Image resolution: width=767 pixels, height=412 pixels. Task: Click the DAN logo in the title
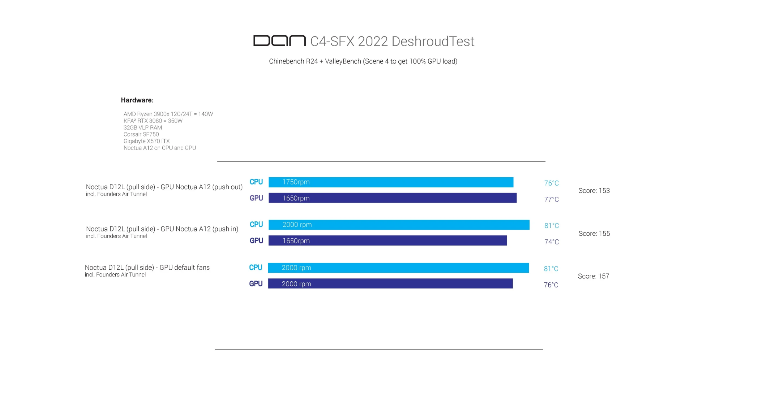click(x=279, y=41)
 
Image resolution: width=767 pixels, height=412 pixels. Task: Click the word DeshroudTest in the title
click(x=433, y=42)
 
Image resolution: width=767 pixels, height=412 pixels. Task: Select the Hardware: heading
click(x=137, y=100)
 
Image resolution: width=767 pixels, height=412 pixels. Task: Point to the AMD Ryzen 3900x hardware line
click(x=168, y=114)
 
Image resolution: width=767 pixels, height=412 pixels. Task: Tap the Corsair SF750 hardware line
click(x=141, y=134)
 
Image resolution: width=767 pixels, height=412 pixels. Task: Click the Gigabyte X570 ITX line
click(x=146, y=141)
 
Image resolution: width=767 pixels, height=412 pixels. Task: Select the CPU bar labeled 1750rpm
click(x=391, y=182)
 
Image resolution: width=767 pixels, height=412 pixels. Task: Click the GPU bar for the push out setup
click(x=393, y=198)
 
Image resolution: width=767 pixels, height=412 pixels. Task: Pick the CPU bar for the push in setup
click(x=399, y=225)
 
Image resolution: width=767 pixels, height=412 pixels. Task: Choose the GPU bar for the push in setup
click(x=387, y=240)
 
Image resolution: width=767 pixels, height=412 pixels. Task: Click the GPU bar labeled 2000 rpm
click(x=390, y=283)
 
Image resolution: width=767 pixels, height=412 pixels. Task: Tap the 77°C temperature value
click(x=551, y=199)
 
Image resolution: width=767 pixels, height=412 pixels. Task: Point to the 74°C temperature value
click(x=552, y=242)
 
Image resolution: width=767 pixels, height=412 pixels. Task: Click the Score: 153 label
click(x=594, y=191)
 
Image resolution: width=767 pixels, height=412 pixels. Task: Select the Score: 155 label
click(x=594, y=234)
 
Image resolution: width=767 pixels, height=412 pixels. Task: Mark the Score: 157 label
click(x=593, y=276)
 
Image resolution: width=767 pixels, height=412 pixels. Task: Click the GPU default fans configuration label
click(x=147, y=268)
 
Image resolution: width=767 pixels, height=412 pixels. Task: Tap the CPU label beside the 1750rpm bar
click(x=256, y=182)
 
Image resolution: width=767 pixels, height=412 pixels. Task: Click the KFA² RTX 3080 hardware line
click(x=153, y=121)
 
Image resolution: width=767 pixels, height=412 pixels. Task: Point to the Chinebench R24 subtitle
click(x=363, y=61)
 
